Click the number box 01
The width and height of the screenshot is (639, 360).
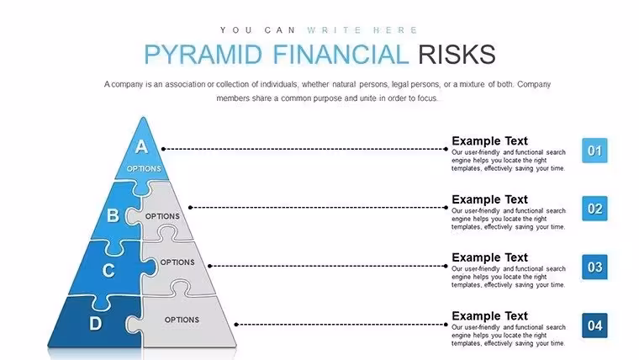click(594, 151)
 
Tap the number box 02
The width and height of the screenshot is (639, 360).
click(594, 209)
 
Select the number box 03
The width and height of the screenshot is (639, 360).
click(594, 267)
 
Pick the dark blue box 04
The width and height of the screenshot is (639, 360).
click(594, 326)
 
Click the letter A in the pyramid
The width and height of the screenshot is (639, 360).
click(141, 146)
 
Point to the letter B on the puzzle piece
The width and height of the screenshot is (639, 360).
click(113, 215)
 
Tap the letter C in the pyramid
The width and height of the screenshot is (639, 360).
click(108, 270)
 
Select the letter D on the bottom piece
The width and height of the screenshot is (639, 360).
click(95, 323)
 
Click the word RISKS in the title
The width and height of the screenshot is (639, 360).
click(457, 54)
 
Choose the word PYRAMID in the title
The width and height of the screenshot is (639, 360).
click(203, 54)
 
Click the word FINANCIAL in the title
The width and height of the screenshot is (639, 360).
click(341, 54)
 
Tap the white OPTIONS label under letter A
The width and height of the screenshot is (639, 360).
click(144, 169)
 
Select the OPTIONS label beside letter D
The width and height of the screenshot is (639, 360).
click(182, 320)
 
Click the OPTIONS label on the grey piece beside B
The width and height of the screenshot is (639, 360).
click(162, 216)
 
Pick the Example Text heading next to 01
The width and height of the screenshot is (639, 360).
click(489, 141)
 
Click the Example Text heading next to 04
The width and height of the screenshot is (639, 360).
click(489, 316)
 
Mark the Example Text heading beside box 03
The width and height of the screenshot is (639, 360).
click(489, 257)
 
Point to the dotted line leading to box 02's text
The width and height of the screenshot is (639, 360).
click(319, 208)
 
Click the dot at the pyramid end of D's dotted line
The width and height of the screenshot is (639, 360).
click(236, 325)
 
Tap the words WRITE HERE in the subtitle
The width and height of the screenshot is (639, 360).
click(362, 30)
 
